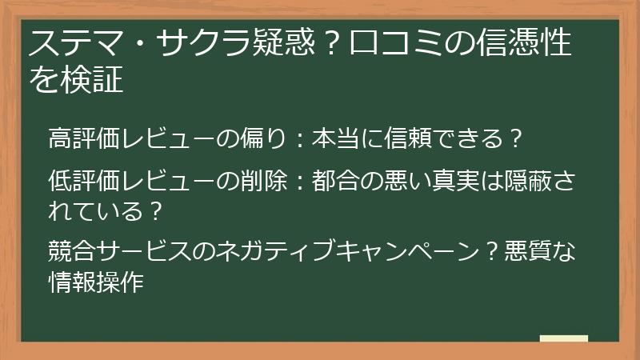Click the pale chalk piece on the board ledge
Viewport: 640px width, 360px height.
point(563,338)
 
